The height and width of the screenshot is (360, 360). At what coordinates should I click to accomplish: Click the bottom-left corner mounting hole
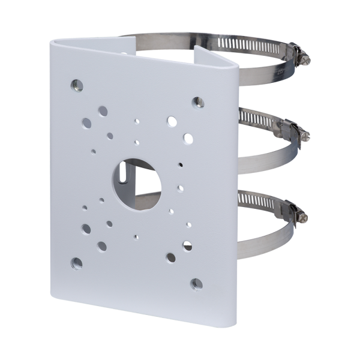pos(76,261)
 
